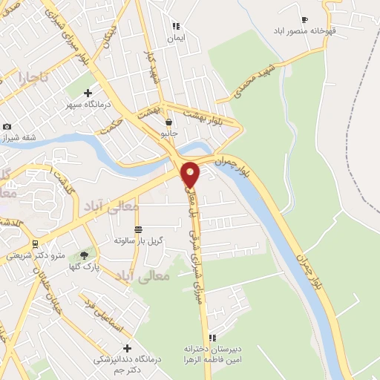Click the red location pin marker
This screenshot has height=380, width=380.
click(x=191, y=174)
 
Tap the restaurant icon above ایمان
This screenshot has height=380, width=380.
click(x=176, y=26)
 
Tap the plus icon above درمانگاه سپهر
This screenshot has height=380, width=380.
click(x=88, y=94)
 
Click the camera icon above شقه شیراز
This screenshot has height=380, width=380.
click(x=7, y=127)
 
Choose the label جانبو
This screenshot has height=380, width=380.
click(x=170, y=134)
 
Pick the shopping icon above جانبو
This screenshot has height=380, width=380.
click(x=170, y=122)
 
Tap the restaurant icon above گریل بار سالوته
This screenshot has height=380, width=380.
click(x=138, y=229)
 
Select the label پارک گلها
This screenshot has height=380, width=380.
click(x=84, y=266)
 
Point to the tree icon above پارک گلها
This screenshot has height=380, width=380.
click(x=84, y=254)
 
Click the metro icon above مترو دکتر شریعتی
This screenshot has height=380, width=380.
click(x=35, y=243)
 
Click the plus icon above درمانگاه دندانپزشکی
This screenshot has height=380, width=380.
click(x=127, y=348)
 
